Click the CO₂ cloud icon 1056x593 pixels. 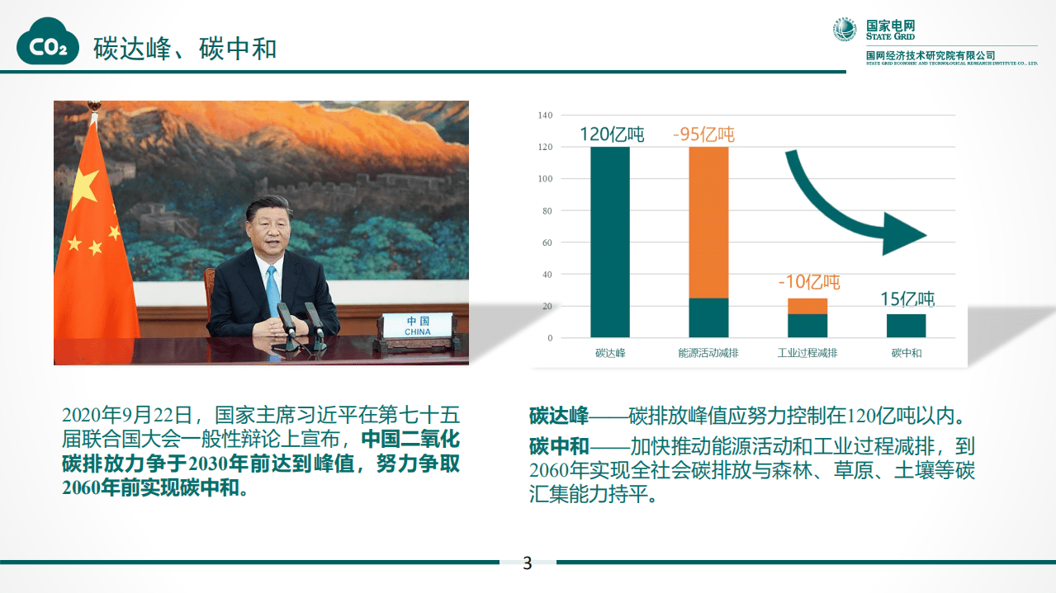tap(48, 46)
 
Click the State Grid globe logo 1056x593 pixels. tap(845, 31)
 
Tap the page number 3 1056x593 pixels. tap(528, 564)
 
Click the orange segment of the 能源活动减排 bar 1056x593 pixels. tap(709, 222)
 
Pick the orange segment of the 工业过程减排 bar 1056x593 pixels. tap(807, 306)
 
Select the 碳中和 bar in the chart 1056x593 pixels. tap(907, 326)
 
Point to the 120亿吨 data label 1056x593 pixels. tap(611, 134)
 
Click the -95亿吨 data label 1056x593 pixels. tap(703, 134)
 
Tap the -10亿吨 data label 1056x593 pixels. tap(808, 282)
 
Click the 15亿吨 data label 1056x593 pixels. tap(907, 299)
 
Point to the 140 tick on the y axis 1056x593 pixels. tap(545, 115)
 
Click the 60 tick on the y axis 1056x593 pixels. tap(547, 242)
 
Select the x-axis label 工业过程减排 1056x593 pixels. tap(807, 353)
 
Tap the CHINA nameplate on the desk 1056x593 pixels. tap(418, 326)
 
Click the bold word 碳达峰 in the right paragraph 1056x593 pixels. tap(559, 414)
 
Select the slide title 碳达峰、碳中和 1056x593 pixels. tap(185, 48)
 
